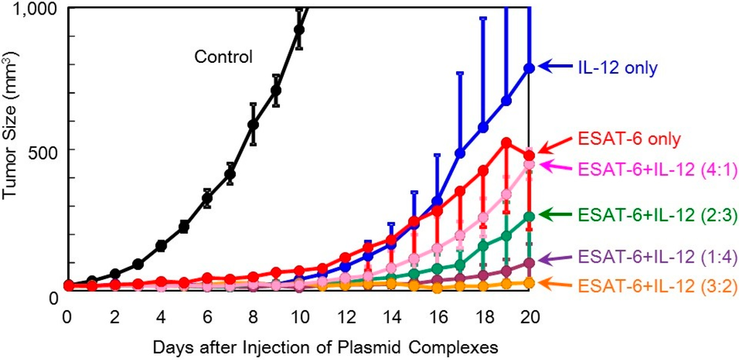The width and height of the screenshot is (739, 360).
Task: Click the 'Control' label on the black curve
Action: pos(223,56)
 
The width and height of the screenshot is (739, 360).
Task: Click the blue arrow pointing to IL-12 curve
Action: pos(556,67)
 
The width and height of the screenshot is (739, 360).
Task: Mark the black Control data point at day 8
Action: pos(253,124)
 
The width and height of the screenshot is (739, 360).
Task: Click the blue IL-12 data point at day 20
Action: pos(530,68)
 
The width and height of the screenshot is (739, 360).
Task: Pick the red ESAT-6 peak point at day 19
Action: pos(507,143)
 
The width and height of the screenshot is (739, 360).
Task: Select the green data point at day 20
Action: pos(530,216)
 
